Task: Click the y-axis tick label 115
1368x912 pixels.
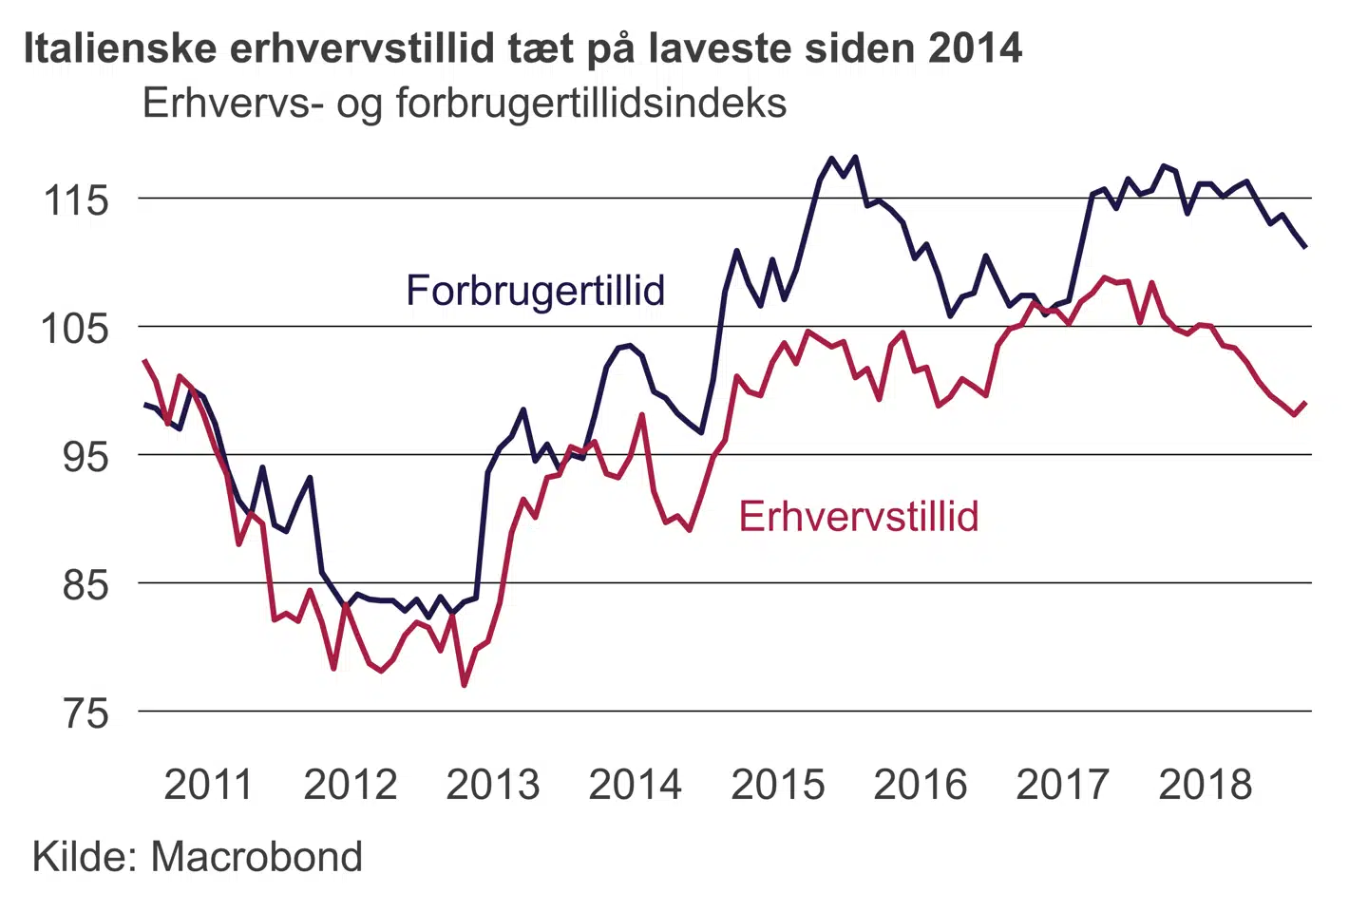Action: click(77, 200)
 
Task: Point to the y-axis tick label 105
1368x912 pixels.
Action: click(77, 329)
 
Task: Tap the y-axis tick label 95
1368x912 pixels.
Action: click(86, 457)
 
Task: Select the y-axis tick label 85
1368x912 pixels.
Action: click(86, 585)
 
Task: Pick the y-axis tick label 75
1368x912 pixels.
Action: click(86, 713)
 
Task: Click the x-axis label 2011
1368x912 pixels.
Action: click(208, 785)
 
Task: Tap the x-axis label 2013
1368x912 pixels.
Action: click(493, 785)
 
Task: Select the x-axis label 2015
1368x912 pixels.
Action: click(778, 785)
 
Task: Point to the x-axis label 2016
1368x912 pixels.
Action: click(921, 785)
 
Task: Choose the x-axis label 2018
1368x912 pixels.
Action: click(1206, 785)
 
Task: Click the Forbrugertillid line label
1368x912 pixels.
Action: click(535, 291)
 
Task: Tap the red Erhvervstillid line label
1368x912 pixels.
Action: click(859, 517)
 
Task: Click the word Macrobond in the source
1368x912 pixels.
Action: click(256, 857)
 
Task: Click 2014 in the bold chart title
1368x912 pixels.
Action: click(976, 47)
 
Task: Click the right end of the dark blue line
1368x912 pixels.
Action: click(1306, 247)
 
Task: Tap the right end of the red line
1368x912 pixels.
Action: click(1306, 403)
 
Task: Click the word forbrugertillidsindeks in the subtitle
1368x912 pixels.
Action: click(591, 103)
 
